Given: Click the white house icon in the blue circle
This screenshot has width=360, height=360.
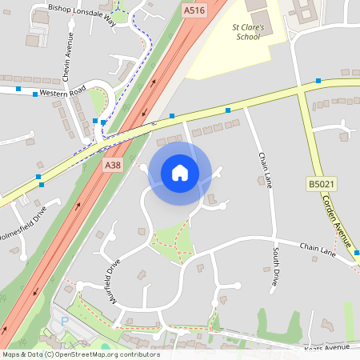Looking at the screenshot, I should [179, 173].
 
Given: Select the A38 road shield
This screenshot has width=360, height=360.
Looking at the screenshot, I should [113, 165].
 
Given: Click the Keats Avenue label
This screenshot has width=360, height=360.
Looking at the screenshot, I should [327, 349].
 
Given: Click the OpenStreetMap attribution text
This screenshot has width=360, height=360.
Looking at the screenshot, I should [81, 354].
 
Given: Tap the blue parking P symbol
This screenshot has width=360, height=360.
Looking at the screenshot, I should [64, 322].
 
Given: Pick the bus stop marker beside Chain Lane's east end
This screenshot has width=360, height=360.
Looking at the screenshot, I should [356, 254].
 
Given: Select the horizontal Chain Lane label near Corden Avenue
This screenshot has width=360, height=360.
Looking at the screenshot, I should [318, 250].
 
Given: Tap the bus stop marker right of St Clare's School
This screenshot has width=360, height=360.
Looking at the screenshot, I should [318, 81].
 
